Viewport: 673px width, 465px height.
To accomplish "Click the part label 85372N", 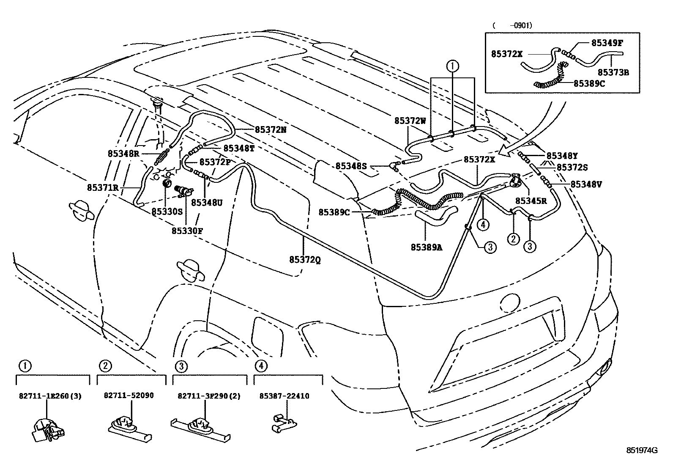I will pos(271,130).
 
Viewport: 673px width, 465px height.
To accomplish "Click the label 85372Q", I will pos(305,260).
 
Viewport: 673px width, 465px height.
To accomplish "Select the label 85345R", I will pos(531,201).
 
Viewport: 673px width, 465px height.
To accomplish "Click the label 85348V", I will pos(586,184).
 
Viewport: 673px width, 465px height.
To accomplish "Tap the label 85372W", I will pos(410,121).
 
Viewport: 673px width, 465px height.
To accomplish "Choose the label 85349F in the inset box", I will pos(607,43).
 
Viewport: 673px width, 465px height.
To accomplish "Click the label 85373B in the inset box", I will pos(613,72).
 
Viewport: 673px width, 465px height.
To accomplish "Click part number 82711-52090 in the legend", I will pos(129,396).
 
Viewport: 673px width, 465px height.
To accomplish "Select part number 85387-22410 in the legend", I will pos(284,396).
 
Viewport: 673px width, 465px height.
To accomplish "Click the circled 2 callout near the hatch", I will pos(513,239).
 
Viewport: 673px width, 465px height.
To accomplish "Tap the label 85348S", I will pos(351,166).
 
